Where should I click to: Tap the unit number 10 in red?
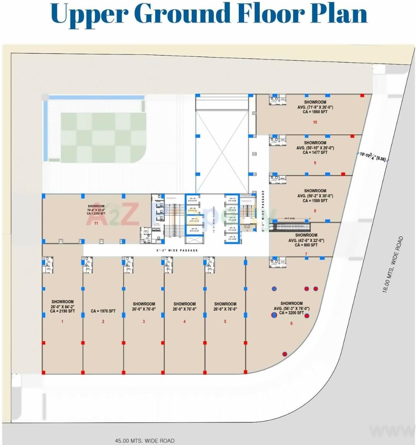pos(315,123)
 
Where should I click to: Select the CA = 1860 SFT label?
pos(315,112)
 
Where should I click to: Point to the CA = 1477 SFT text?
pos(315,153)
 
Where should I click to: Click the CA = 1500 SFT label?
pos(315,201)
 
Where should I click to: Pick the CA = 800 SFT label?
pos(306,245)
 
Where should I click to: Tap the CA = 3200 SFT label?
pos(292,313)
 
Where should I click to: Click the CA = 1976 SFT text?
pos(103,311)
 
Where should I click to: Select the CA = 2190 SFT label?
pos(62,311)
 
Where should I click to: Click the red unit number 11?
pos(96,222)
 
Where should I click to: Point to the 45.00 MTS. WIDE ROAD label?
pos(145,441)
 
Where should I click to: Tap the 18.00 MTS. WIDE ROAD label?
pos(393,265)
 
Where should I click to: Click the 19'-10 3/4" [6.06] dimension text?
pos(373,157)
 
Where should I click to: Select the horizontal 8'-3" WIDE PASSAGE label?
pos(177,250)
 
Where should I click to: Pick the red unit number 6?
pos(292,324)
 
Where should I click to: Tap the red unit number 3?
pos(144,322)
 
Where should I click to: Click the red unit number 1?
pos(62,322)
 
